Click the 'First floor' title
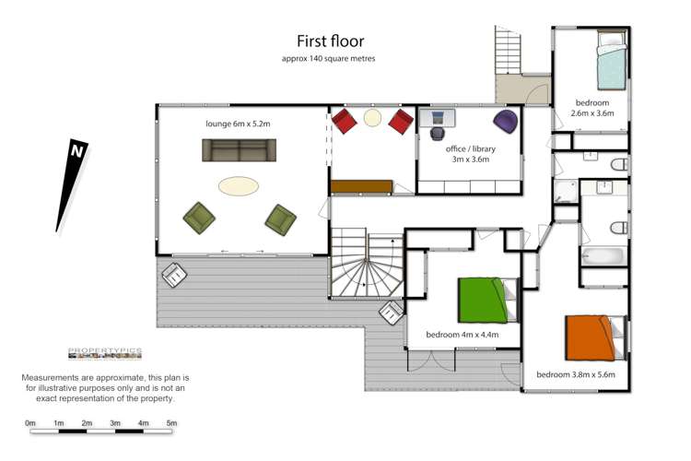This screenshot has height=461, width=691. point(330,41)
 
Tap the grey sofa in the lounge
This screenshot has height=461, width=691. point(239,150)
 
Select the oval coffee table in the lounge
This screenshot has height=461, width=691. point(239,186)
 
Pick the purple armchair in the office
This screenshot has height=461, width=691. point(506,120)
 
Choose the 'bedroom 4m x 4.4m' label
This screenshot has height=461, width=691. point(462,334)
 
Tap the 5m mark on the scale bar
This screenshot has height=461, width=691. point(171,424)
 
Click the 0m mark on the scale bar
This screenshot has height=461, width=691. point(30,424)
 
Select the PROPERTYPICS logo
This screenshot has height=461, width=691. point(104,353)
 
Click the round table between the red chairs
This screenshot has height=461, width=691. point(372,118)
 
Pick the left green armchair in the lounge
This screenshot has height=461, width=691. point(200,218)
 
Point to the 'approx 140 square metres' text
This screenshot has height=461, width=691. point(328,58)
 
